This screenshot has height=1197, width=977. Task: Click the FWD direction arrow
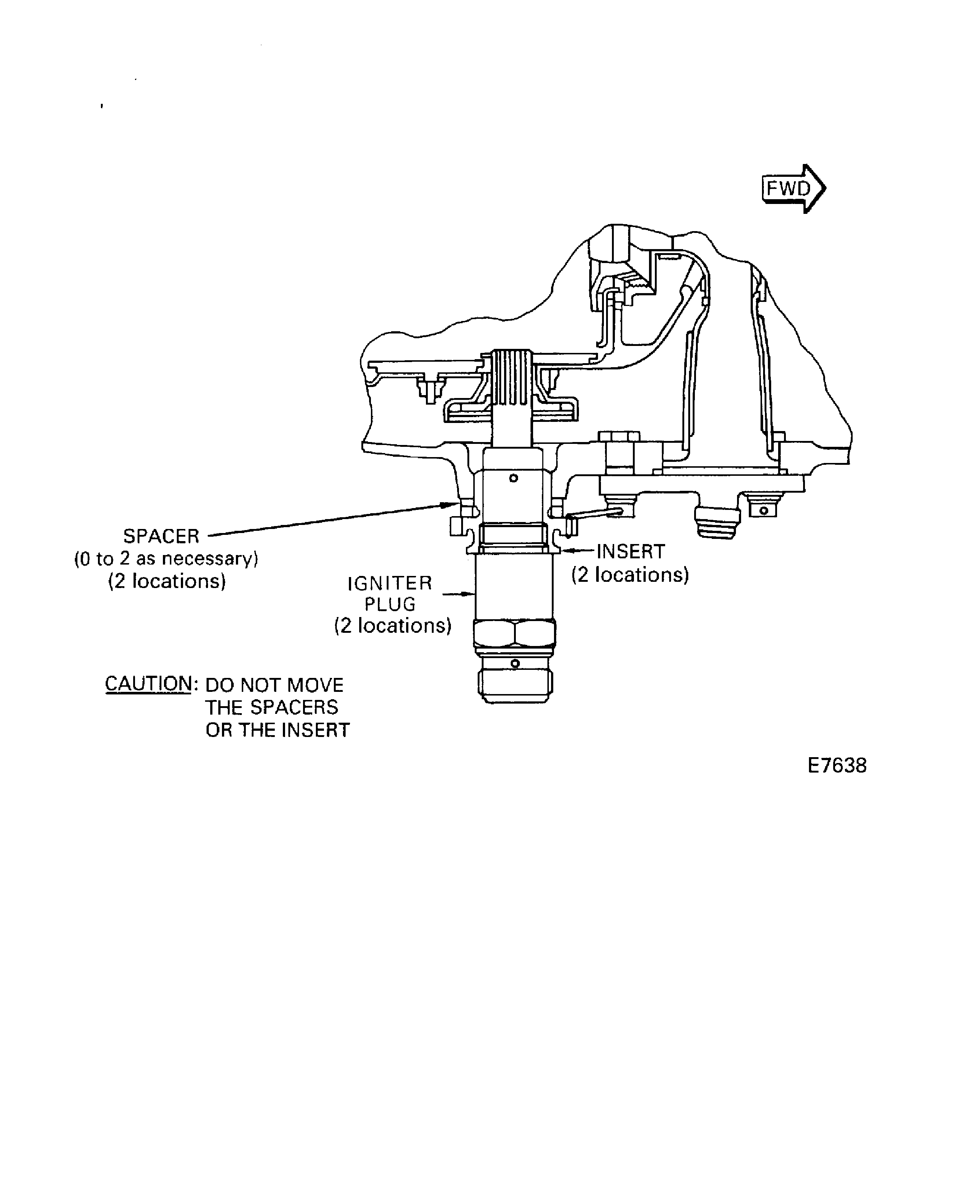[x=793, y=189]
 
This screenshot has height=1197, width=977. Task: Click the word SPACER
[x=161, y=536]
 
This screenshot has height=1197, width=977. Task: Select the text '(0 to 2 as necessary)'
[x=166, y=559]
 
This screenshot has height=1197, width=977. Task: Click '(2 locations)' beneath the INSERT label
[x=630, y=574]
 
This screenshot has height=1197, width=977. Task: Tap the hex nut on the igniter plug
[x=514, y=633]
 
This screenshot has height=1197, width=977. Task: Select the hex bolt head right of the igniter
[x=619, y=436]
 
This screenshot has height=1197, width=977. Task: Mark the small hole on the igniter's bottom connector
[x=514, y=664]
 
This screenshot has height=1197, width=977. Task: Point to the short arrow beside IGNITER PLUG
[x=459, y=593]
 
